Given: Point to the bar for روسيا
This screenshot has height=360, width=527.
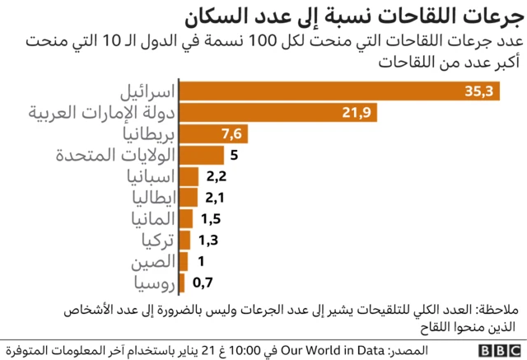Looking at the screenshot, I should point(182,283).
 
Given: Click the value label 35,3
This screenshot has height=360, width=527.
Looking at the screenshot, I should point(478,91).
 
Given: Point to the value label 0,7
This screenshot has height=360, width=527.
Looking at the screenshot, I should point(203,283).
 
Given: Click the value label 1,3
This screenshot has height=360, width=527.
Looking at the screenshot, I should point(210,241).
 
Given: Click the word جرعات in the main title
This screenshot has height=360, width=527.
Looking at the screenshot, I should point(486,16).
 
